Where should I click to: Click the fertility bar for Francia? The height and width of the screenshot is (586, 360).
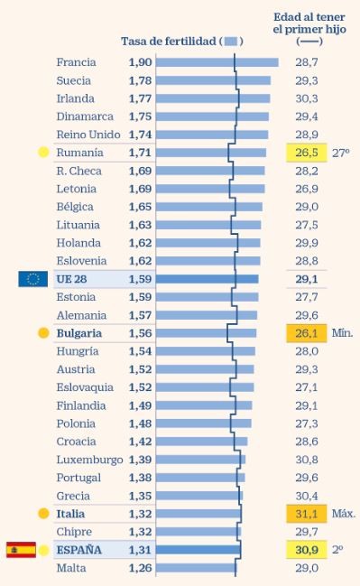[217, 62]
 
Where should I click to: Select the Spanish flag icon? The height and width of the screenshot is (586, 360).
[21, 550]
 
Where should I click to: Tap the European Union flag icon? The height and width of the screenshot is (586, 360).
[32, 279]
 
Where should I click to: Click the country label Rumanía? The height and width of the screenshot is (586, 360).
[79, 153]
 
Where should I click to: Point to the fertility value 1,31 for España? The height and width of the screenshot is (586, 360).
[139, 550]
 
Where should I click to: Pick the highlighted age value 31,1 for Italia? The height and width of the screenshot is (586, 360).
[306, 514]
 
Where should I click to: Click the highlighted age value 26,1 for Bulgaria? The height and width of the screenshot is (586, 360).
[306, 333]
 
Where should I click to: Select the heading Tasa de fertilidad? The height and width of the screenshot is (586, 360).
[168, 42]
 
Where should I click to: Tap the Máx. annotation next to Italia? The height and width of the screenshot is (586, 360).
[344, 514]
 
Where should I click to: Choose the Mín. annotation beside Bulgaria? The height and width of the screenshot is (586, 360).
[343, 333]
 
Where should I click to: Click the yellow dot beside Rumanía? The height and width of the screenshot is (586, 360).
[42, 153]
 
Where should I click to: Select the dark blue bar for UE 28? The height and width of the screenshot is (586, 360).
[207, 279]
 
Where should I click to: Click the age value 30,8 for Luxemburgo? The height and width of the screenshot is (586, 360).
[306, 460]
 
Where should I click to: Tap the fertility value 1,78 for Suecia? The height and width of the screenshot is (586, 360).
[139, 80]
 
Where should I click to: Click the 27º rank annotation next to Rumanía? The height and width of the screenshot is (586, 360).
[340, 153]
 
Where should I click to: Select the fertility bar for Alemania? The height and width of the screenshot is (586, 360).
[206, 315]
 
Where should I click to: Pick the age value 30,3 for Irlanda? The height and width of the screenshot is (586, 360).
[306, 98]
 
